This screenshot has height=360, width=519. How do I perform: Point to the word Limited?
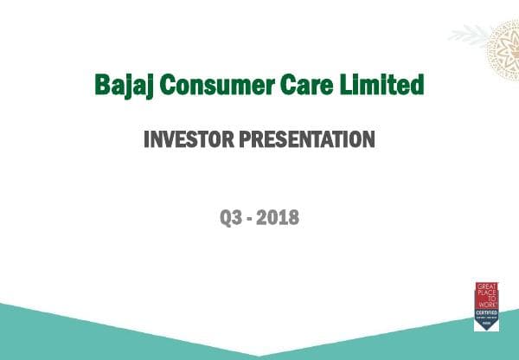pos(387,86)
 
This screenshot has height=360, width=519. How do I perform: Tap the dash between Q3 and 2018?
pos(251,218)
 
